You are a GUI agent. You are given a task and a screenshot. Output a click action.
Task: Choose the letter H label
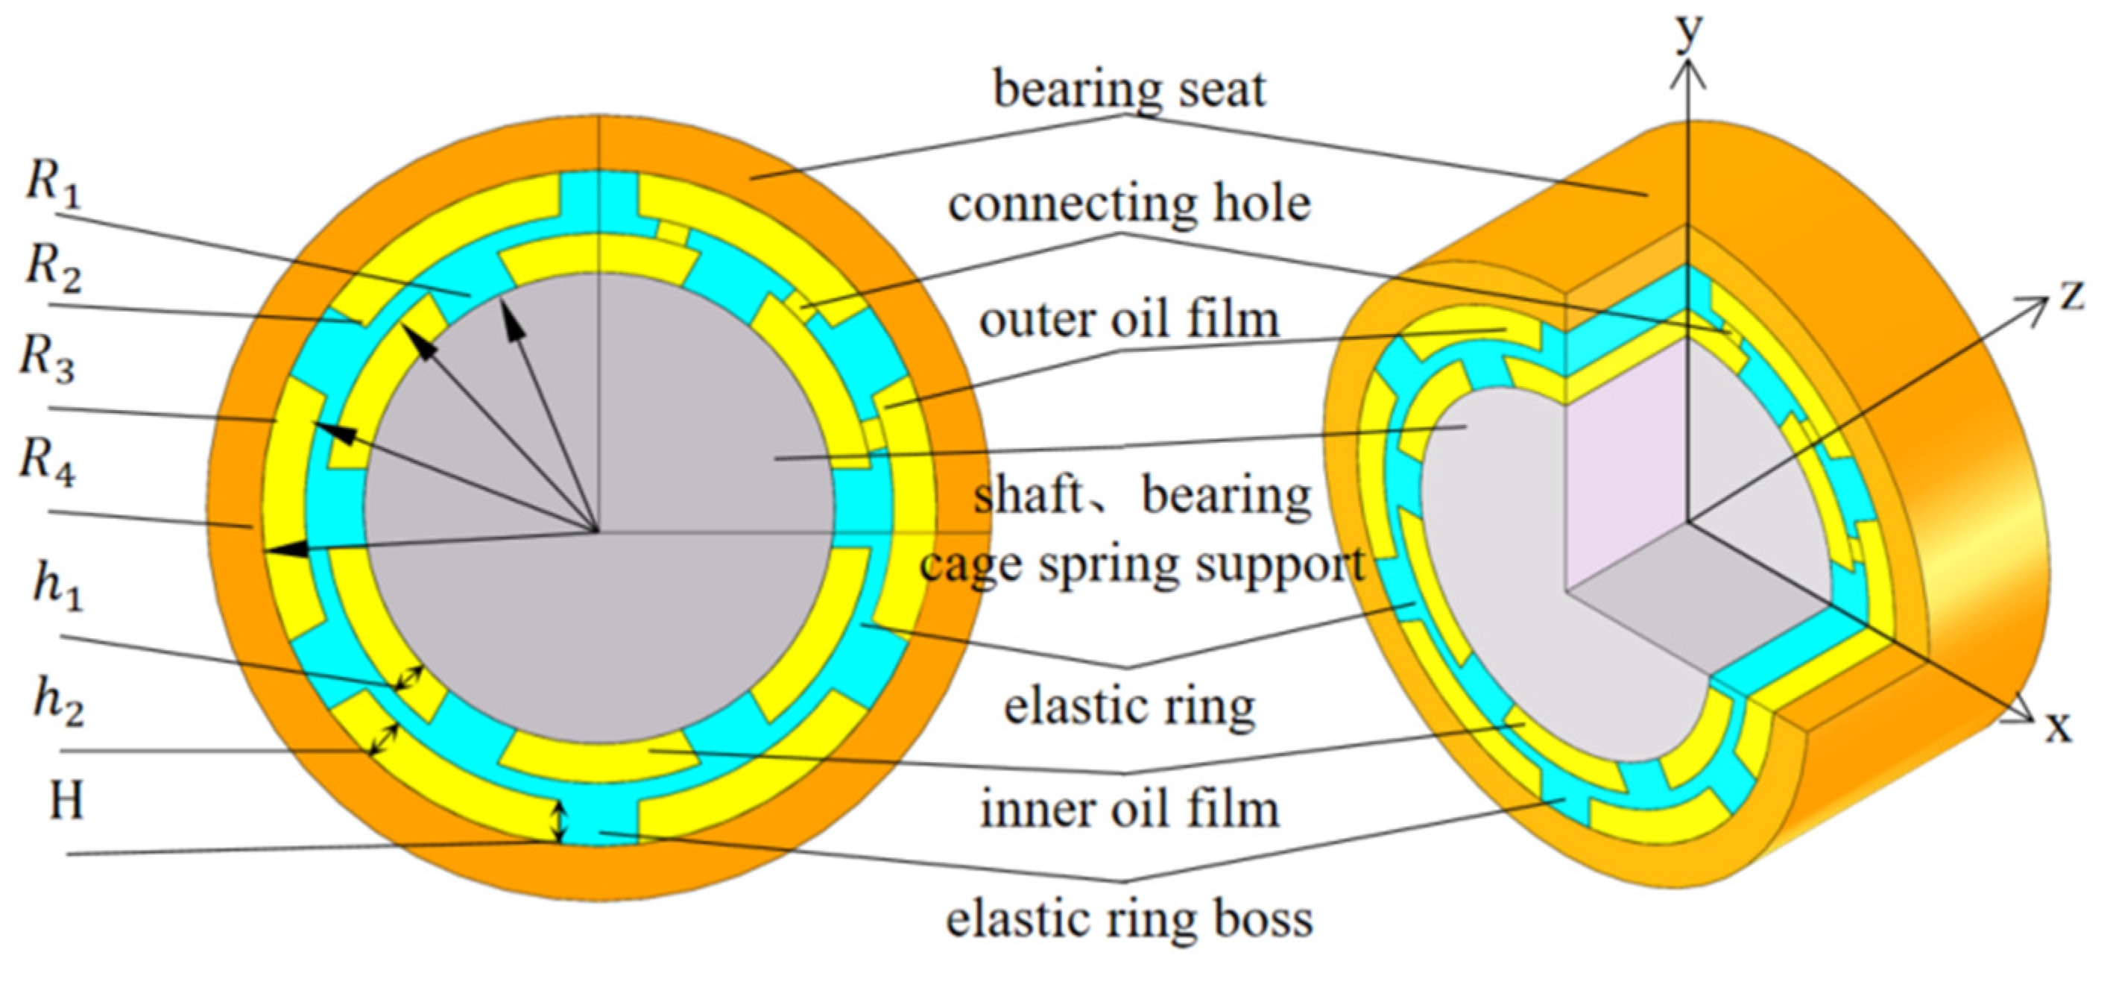point(66,802)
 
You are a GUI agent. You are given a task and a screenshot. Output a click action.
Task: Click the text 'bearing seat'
point(1128,90)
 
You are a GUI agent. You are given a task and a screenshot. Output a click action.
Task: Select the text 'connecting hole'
point(1128,205)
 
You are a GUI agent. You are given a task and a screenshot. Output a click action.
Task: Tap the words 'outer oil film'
point(1128,321)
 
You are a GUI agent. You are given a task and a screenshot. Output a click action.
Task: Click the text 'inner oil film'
point(1128,810)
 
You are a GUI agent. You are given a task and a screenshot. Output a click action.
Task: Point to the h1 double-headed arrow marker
point(409,678)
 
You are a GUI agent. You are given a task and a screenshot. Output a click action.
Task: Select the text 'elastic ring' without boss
point(1128,708)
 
